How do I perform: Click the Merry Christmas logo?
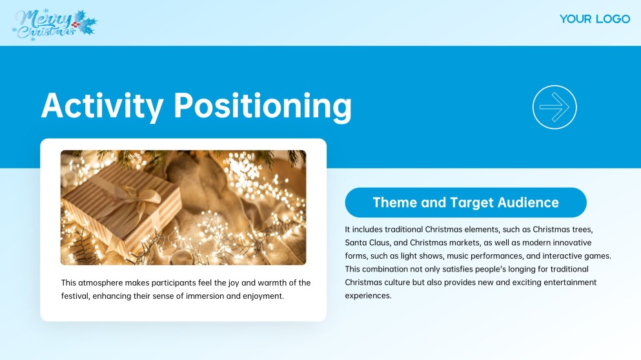55,25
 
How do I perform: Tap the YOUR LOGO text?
595,19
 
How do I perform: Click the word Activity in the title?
102,106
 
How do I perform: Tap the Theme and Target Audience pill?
465,203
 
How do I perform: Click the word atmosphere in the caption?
101,283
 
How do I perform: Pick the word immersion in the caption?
205,296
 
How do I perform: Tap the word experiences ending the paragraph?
369,296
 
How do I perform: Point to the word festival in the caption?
76,296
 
